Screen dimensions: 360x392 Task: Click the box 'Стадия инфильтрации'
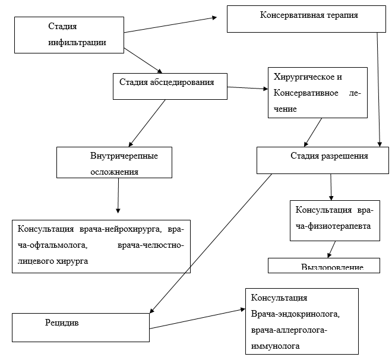tap(69, 35)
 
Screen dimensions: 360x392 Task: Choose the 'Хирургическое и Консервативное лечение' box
tap(318, 92)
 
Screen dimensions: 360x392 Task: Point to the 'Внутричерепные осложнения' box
tap(115, 163)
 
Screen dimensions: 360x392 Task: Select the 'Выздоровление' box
tap(324, 265)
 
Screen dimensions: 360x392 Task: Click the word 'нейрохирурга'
tap(134, 230)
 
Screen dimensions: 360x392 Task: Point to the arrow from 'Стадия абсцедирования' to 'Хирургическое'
tap(248, 89)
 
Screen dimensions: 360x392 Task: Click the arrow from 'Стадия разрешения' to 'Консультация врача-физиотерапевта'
tap(331, 188)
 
